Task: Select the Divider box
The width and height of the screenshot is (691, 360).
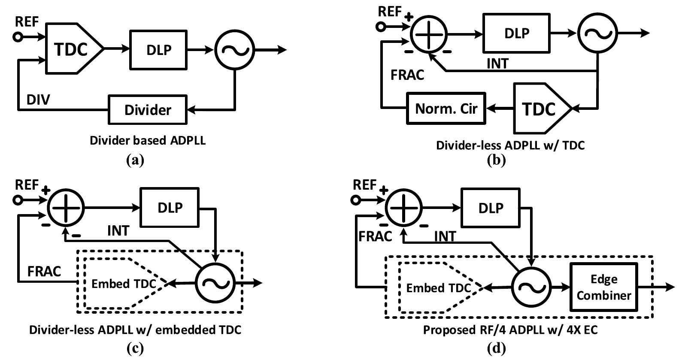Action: click(x=148, y=110)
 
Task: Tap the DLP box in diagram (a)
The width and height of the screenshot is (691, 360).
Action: click(x=158, y=49)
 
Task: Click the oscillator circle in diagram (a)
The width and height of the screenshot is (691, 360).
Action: click(x=234, y=49)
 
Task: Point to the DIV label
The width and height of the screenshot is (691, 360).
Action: click(x=38, y=100)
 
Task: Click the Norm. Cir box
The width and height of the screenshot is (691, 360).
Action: click(x=446, y=108)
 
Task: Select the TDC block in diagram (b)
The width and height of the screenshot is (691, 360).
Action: click(x=540, y=109)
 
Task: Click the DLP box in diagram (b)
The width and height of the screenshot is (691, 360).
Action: click(x=516, y=33)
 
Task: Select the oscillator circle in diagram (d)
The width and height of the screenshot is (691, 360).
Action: click(x=531, y=287)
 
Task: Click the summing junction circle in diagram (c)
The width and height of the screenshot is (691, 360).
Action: click(x=66, y=207)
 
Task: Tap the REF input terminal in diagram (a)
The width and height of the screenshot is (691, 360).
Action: click(x=18, y=37)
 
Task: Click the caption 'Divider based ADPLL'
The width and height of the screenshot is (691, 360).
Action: click(x=147, y=140)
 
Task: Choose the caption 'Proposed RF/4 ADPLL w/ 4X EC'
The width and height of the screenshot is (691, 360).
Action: click(x=510, y=330)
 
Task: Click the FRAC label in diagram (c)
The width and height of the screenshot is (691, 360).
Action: click(x=44, y=271)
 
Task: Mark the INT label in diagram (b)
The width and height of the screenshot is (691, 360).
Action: click(x=497, y=64)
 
